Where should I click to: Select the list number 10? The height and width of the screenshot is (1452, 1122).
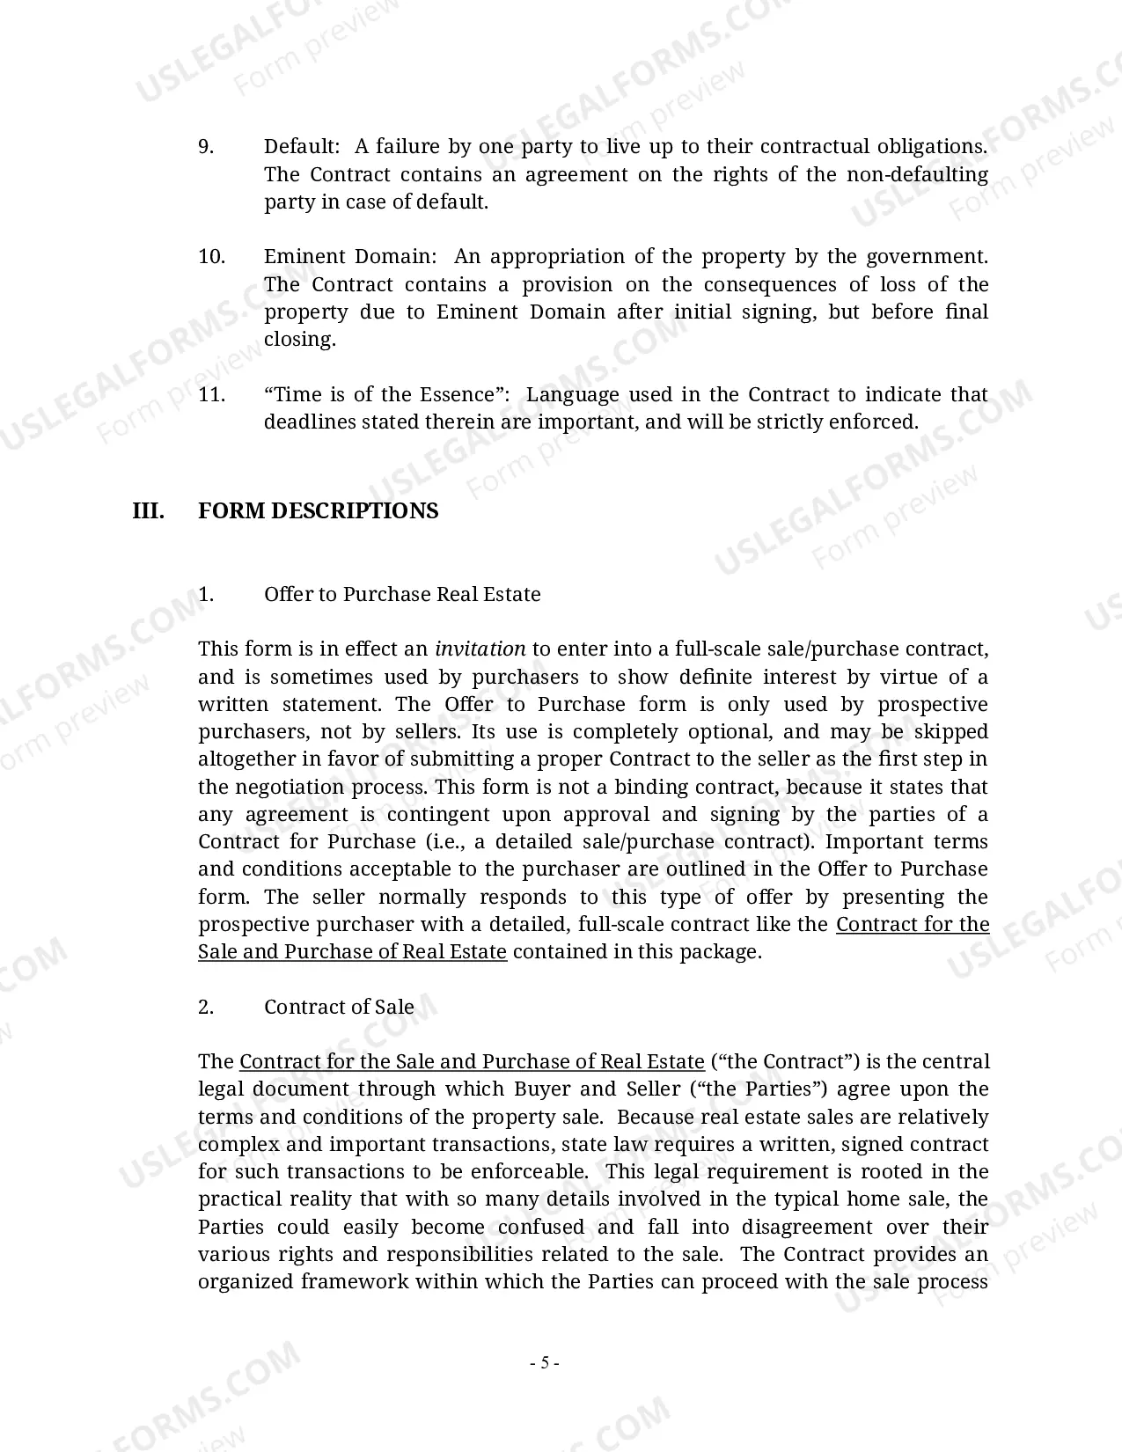click(211, 257)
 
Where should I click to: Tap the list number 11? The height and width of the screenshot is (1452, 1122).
click(211, 394)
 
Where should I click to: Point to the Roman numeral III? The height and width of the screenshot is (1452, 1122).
click(148, 511)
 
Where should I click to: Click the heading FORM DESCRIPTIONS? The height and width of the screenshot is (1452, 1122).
click(318, 511)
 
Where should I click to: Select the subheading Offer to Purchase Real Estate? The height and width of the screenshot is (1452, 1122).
click(402, 595)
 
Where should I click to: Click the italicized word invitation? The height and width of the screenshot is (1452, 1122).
click(480, 649)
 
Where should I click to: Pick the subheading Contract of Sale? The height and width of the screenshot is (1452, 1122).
click(339, 1008)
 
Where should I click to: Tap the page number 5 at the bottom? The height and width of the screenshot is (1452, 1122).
click(545, 1363)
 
